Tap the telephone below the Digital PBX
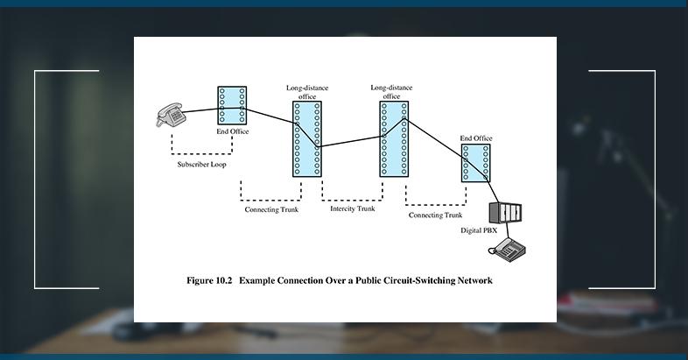pos(509,250)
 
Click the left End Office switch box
pos(232,106)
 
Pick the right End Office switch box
pos(476,163)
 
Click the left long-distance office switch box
pos(307,138)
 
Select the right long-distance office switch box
pos(393,138)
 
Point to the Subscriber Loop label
pos(201,164)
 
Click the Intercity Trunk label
pos(352,208)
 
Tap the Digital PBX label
pos(479,230)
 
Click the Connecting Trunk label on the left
pos(270,210)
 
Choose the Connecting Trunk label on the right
pos(435,215)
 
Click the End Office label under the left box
pos(233,131)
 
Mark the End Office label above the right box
pos(476,138)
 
